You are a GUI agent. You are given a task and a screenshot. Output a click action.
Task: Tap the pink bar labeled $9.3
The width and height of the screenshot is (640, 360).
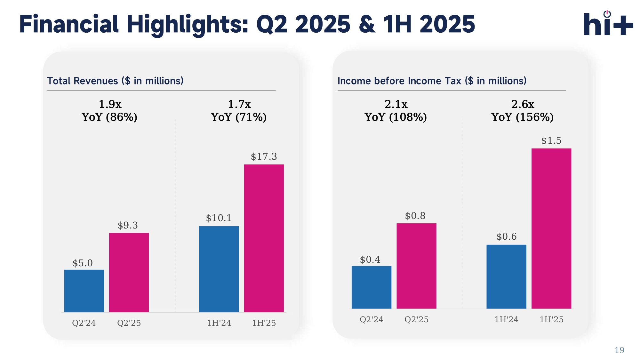[129, 272]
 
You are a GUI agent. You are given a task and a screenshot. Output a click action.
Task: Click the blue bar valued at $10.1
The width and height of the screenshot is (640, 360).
[219, 269]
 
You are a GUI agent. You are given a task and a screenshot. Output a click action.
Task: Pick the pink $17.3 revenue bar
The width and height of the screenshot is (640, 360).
[264, 238]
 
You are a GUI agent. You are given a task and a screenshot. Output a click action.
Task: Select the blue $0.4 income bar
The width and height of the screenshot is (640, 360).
[371, 287]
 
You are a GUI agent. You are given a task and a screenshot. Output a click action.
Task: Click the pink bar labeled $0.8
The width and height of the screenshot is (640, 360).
[416, 266]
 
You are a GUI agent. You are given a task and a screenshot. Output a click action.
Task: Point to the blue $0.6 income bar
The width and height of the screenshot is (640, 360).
[506, 276]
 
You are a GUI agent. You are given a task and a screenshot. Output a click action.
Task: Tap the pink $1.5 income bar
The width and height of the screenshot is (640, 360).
[551, 228]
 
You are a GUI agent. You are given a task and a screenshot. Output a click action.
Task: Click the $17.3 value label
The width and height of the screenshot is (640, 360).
[264, 156]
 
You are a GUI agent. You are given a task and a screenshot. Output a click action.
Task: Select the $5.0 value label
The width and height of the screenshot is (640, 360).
[83, 263]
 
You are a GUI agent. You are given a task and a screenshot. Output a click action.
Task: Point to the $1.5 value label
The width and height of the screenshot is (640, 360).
[551, 140]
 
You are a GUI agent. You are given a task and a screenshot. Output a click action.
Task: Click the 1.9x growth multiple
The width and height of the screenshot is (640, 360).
[110, 104]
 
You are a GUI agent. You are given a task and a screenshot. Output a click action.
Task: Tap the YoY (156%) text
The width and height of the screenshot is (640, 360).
[522, 117]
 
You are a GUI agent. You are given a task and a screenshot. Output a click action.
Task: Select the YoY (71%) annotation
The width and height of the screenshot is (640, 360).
[239, 117]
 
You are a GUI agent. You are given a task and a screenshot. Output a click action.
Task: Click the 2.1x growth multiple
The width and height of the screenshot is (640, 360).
[396, 104]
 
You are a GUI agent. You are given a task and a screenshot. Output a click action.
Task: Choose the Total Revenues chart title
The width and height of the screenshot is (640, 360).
[115, 81]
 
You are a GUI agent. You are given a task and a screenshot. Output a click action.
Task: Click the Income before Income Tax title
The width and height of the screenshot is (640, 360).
[432, 81]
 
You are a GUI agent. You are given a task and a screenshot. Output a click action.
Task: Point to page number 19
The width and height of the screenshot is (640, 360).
[619, 350]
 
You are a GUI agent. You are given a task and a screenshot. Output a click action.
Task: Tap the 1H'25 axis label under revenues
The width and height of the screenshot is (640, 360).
[264, 323]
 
